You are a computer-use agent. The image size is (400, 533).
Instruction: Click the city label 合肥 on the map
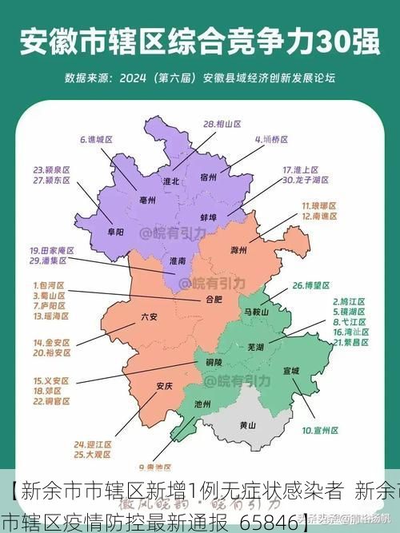(214, 300)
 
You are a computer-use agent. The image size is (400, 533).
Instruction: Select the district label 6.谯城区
(96, 139)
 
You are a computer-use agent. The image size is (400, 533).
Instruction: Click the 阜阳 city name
(115, 232)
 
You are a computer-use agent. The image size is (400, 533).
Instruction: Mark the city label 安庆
(164, 386)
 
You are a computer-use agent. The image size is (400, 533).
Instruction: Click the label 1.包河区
(47, 284)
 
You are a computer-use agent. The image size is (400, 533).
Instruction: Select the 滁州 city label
(238, 250)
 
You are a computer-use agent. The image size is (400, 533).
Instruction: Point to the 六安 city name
(150, 316)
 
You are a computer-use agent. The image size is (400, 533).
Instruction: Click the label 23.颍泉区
(52, 170)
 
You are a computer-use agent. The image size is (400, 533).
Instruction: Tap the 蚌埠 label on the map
(209, 217)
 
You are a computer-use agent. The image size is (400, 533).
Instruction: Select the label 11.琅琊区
(318, 206)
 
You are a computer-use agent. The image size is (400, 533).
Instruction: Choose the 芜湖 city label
(255, 348)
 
